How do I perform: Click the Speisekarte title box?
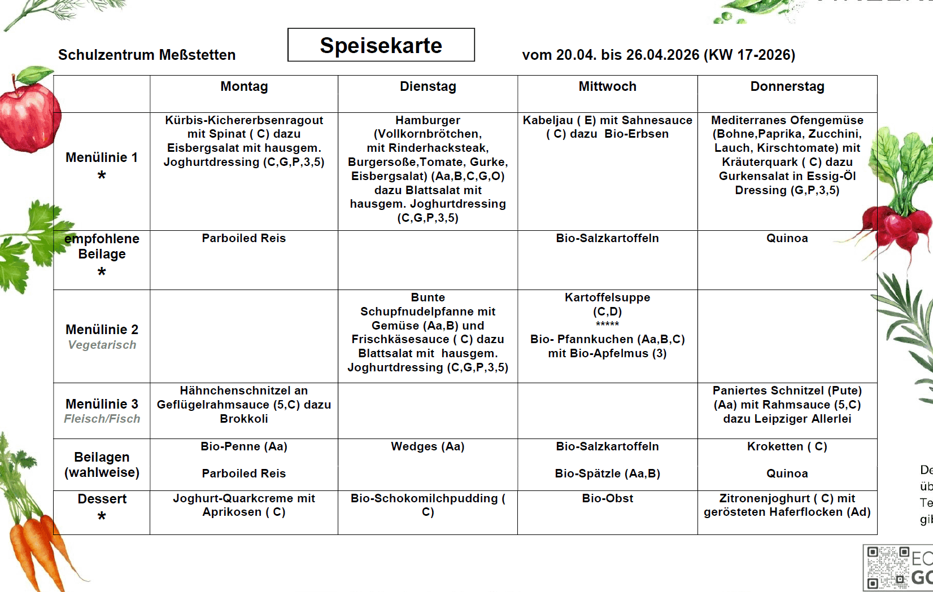point(381,45)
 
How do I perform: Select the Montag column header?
point(244,87)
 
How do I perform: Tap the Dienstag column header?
point(428,87)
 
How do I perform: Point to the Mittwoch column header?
point(607,87)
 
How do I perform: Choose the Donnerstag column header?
point(787,87)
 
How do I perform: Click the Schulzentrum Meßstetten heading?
point(147,55)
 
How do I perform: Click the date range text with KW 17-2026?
point(659,55)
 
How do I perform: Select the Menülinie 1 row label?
point(102,158)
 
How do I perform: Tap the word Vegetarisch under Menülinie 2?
point(102,345)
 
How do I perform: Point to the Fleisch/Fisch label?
point(102,419)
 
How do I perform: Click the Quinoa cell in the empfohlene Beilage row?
point(787,239)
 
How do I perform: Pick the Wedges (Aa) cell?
point(428,447)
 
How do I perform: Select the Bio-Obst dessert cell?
point(607,499)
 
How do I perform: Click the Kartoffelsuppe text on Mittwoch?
point(607,298)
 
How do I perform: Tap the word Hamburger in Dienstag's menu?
point(428,121)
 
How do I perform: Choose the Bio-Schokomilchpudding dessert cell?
point(428,505)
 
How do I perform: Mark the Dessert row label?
point(102,499)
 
